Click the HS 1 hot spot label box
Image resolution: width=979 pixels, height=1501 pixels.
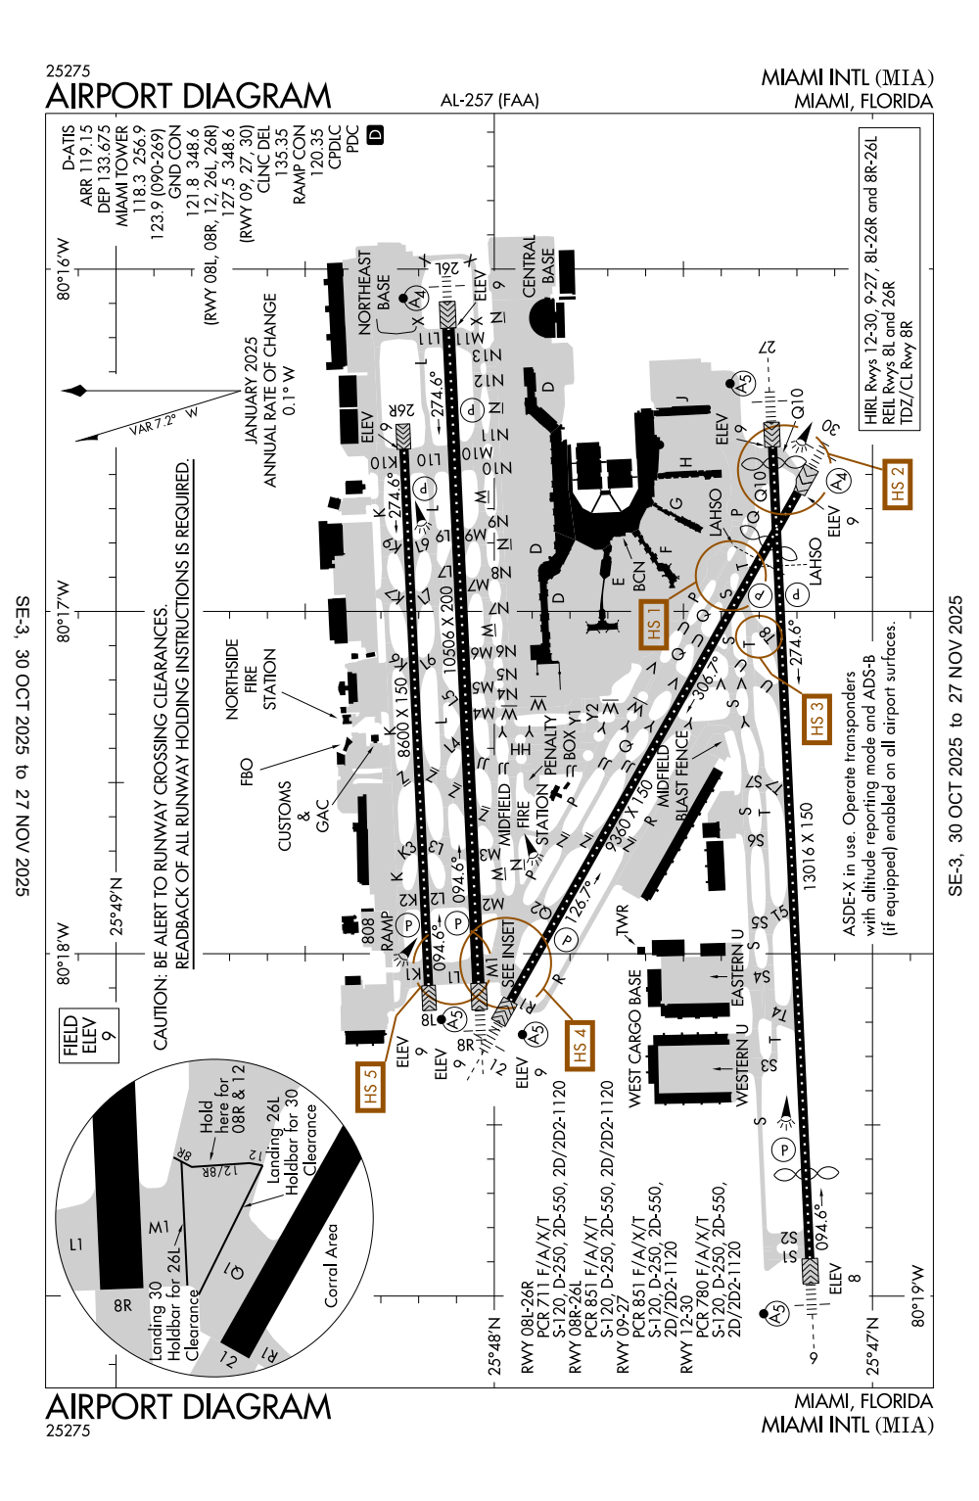pos(654,622)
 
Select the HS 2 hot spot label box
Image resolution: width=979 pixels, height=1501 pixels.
pos(897,485)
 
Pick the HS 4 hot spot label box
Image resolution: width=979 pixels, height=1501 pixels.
pos(580,1046)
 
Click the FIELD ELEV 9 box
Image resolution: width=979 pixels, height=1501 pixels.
pos(88,1035)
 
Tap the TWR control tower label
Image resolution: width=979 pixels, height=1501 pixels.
pos(622,922)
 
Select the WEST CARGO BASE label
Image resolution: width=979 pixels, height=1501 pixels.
pos(635,1039)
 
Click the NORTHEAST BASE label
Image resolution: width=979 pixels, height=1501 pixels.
pos(373,293)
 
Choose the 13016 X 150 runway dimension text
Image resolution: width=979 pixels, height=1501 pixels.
pos(807,846)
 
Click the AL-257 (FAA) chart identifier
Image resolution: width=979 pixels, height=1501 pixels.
pos(489,100)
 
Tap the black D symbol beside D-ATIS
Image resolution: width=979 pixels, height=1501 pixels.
pos(375,136)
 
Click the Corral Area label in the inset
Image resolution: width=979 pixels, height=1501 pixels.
pos(332,1264)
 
